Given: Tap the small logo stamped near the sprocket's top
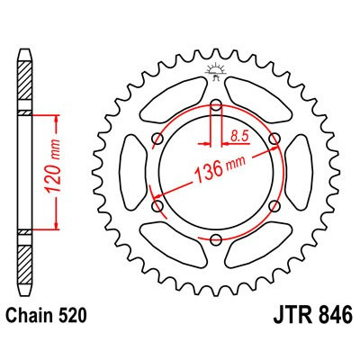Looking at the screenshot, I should click(x=216, y=69).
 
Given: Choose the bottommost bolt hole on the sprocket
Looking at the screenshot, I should click(x=216, y=239).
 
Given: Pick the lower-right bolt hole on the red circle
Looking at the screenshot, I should click(x=274, y=205).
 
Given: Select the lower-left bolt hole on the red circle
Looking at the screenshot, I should click(x=157, y=205).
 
